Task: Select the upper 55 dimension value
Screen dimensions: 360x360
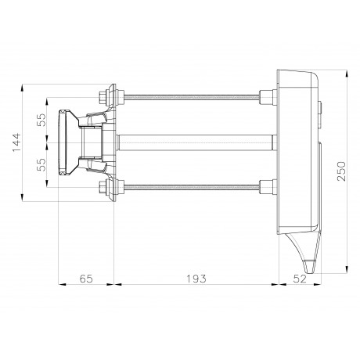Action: [41, 120]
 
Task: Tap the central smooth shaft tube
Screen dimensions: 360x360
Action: [196, 142]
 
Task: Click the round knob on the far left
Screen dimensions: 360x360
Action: [63, 143]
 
